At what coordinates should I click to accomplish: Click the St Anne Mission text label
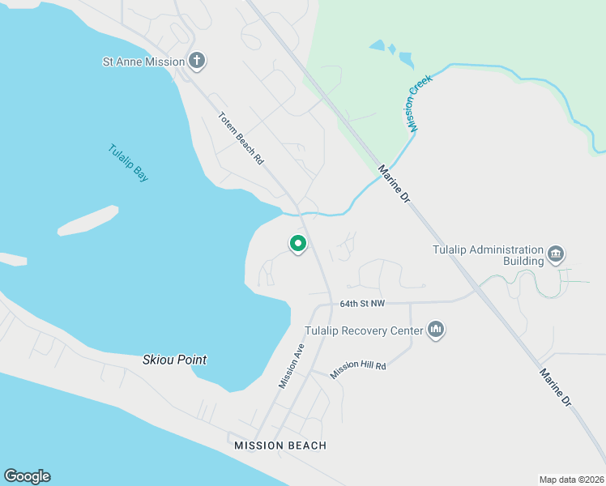(143, 61)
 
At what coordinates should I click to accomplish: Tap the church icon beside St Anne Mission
(197, 60)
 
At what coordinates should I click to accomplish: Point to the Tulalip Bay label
(128, 163)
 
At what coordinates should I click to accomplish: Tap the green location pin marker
(298, 243)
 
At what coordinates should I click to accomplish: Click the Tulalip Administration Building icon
(556, 254)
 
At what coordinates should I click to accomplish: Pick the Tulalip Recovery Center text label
(364, 330)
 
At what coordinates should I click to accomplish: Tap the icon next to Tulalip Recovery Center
(437, 330)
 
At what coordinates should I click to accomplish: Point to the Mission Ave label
(291, 365)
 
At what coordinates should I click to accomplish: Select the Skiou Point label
(174, 360)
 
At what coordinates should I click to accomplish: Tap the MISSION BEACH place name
(280, 446)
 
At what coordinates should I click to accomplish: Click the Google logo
(27, 476)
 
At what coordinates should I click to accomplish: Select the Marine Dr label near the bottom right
(556, 387)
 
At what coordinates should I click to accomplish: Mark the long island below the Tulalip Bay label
(87, 220)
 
